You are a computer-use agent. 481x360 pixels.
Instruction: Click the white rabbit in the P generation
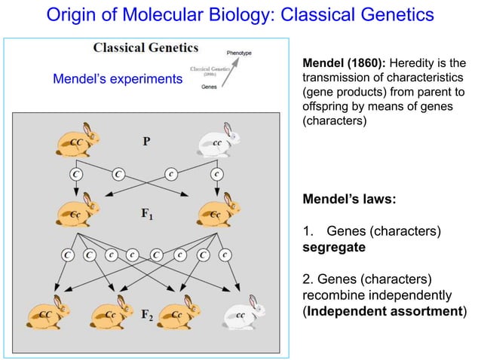pos(219,143)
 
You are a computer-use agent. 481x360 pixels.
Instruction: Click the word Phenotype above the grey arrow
pos(239,52)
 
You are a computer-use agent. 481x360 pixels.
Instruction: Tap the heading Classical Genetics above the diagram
pos(146,48)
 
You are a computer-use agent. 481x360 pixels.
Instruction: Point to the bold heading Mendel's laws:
pos(349,201)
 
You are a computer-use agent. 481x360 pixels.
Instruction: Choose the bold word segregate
pos(334,247)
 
